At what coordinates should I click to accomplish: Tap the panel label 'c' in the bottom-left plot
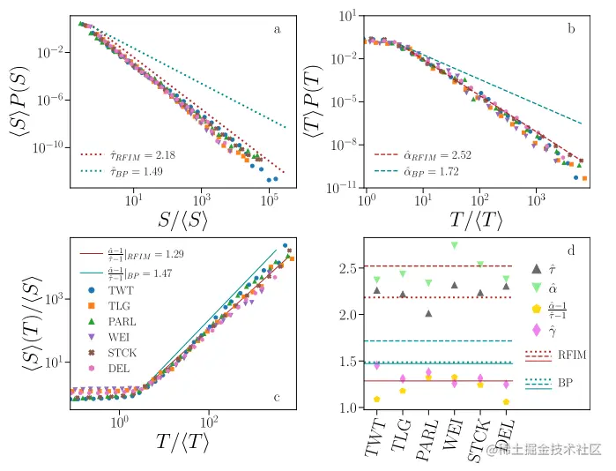[277, 397]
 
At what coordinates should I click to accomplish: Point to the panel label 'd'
[571, 251]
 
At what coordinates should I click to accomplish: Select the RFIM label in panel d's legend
[573, 355]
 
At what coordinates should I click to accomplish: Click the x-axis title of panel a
[180, 222]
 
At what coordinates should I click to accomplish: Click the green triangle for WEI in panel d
[455, 245]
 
